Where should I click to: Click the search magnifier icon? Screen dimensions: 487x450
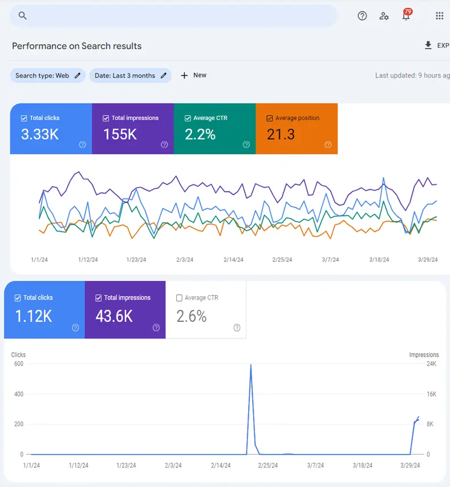(23, 16)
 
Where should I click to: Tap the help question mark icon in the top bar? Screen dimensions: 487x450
(362, 16)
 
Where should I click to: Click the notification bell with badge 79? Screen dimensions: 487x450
(406, 15)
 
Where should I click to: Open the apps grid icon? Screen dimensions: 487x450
(439, 16)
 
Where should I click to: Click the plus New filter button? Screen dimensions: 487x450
(193, 75)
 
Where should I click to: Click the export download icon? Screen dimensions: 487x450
(428, 46)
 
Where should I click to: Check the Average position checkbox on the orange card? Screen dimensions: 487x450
(270, 118)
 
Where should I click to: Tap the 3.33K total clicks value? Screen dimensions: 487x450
(40, 134)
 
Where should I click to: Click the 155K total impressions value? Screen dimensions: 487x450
(120, 134)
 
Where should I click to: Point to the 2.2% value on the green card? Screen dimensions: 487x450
(200, 134)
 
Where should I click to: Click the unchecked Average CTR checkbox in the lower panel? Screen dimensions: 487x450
(180, 298)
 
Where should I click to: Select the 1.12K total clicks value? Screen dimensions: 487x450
(34, 316)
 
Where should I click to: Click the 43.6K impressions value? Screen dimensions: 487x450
(114, 316)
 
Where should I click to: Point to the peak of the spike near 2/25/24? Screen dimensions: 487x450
(251, 365)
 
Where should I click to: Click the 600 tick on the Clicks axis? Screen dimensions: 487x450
(18, 364)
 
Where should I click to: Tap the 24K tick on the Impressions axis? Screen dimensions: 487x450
(431, 364)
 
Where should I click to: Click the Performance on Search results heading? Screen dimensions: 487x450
(76, 46)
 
